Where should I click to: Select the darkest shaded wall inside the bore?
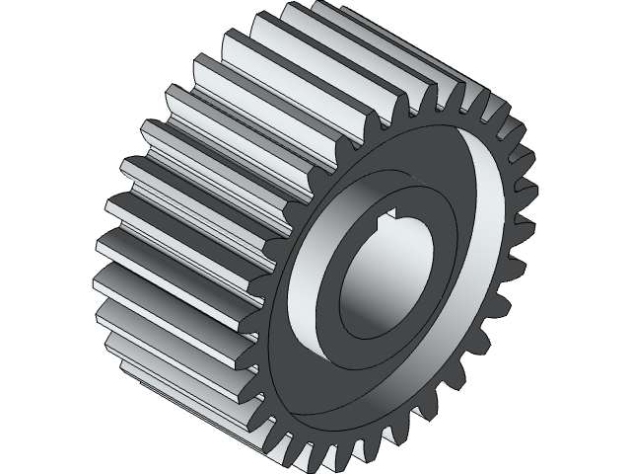coord(355,286)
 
